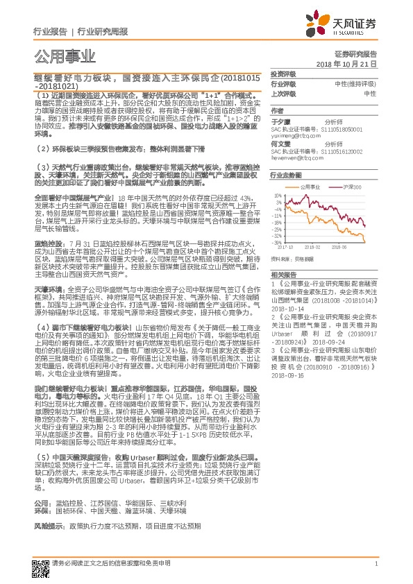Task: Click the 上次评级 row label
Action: coord(283,93)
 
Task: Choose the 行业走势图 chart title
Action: coord(285,177)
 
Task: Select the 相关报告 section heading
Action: coord(283,275)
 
